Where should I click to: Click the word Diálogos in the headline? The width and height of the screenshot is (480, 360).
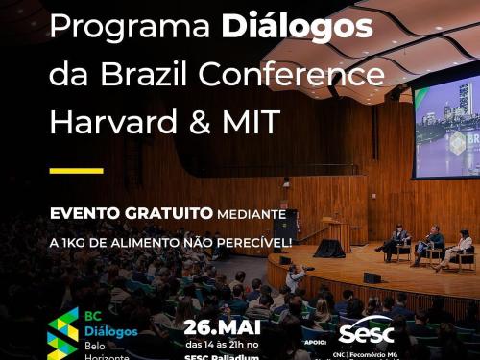[x=297, y=28]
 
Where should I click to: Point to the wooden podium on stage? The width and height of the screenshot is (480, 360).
[x=338, y=233]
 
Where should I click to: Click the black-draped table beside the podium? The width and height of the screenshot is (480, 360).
[x=329, y=248]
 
